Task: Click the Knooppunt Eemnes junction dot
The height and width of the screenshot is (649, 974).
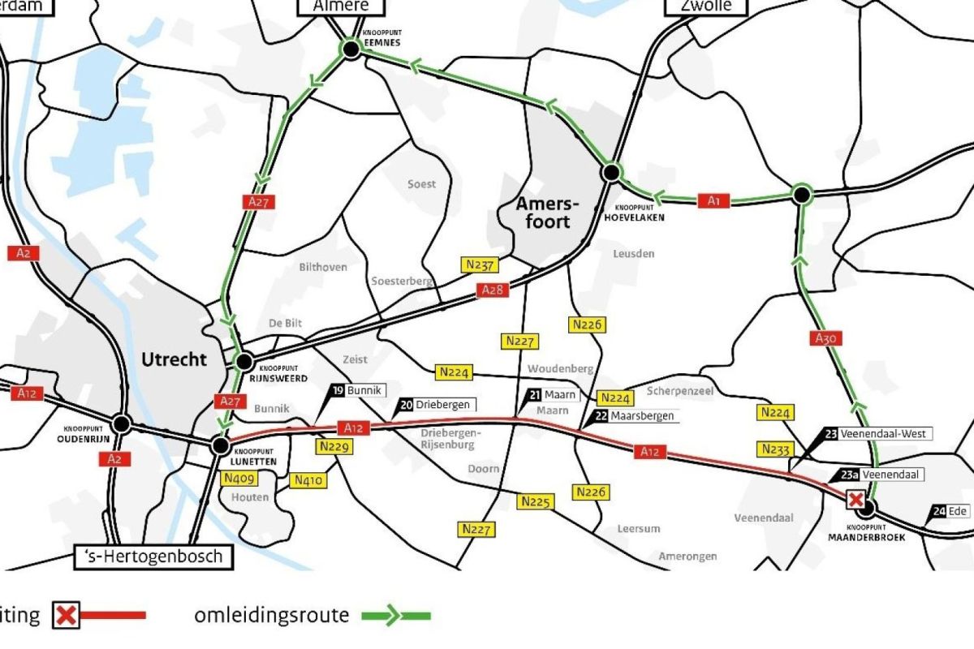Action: point(351,50)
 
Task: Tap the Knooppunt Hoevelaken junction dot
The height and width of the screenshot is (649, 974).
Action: point(611,172)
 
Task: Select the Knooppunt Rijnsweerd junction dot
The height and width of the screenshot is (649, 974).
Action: point(243,362)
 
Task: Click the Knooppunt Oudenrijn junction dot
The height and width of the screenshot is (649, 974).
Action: point(122,423)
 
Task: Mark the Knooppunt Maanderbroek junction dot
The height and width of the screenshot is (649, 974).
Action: point(867,509)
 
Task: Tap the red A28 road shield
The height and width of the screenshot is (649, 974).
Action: point(492,290)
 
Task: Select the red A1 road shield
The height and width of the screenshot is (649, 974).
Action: point(713,200)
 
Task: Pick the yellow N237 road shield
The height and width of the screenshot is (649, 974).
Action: point(479,264)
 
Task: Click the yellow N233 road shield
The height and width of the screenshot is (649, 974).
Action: point(777,449)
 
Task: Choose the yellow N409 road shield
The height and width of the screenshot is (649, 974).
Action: point(238,479)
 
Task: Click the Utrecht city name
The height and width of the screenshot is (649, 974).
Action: point(174,359)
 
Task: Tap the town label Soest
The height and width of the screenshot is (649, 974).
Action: point(421,184)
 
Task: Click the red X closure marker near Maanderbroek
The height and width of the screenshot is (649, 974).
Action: point(855,500)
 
